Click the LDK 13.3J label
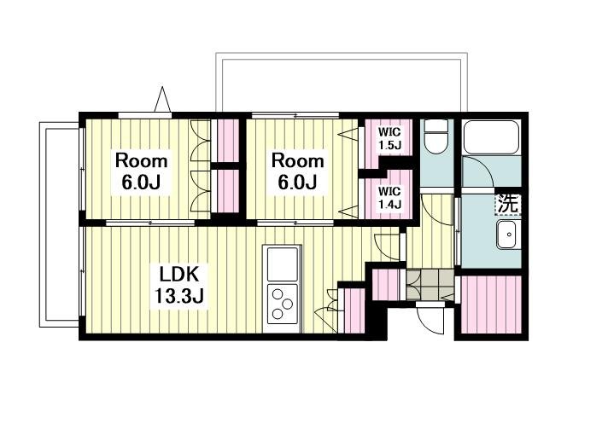tap(179, 285)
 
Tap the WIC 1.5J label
tap(389, 138)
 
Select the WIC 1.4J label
tap(389, 198)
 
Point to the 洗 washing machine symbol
tap(507, 203)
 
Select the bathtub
tap(491, 137)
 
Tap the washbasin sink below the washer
tap(509, 235)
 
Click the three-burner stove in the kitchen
tap(282, 304)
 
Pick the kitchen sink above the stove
tap(282, 264)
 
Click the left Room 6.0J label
tap(141, 171)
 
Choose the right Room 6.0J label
tap(297, 171)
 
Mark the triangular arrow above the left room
tap(162, 99)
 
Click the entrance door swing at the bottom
tap(431, 317)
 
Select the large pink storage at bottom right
tap(491, 304)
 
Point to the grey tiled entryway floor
tap(430, 285)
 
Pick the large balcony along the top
tap(342, 82)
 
